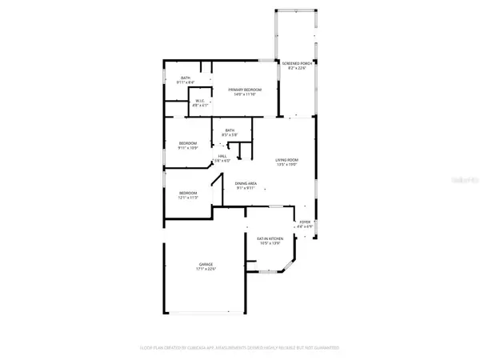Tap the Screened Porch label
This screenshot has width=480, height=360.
[x=295, y=63]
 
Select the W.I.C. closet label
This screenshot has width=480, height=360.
[x=201, y=101]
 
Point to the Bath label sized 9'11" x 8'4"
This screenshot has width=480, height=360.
[x=185, y=78]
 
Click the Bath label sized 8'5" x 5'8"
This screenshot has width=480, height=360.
[x=230, y=130]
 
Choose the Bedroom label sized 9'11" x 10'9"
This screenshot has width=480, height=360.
[x=188, y=143]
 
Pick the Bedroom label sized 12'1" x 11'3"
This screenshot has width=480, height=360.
[x=188, y=193]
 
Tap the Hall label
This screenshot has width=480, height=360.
[x=222, y=156]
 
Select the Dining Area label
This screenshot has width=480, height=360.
[x=245, y=183]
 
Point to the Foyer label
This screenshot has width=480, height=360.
[x=304, y=222]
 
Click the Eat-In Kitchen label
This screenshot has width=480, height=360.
[x=269, y=238]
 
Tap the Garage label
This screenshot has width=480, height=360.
[x=206, y=264]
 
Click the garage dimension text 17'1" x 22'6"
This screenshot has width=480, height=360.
[x=206, y=269]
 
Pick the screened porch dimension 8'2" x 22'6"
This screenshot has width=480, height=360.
[x=295, y=68]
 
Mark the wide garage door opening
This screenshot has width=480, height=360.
[x=195, y=312]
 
